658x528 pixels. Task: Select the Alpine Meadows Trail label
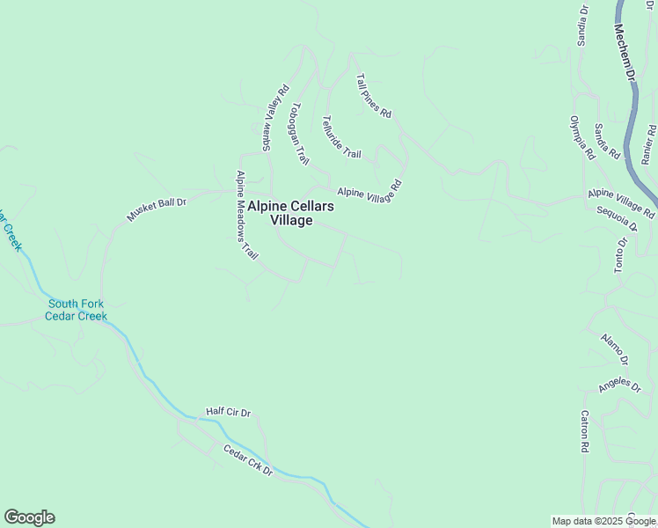point(246,216)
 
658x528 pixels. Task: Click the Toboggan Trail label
point(300,134)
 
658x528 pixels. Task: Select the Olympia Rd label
point(581,137)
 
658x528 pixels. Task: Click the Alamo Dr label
point(614,348)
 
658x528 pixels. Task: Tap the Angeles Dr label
point(618,385)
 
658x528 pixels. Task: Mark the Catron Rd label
point(584,431)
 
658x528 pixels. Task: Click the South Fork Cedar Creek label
point(77,310)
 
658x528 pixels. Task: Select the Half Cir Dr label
point(229,412)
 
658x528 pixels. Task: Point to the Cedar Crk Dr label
point(248,460)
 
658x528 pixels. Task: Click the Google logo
point(29,517)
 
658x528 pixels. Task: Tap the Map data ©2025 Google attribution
point(603,521)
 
